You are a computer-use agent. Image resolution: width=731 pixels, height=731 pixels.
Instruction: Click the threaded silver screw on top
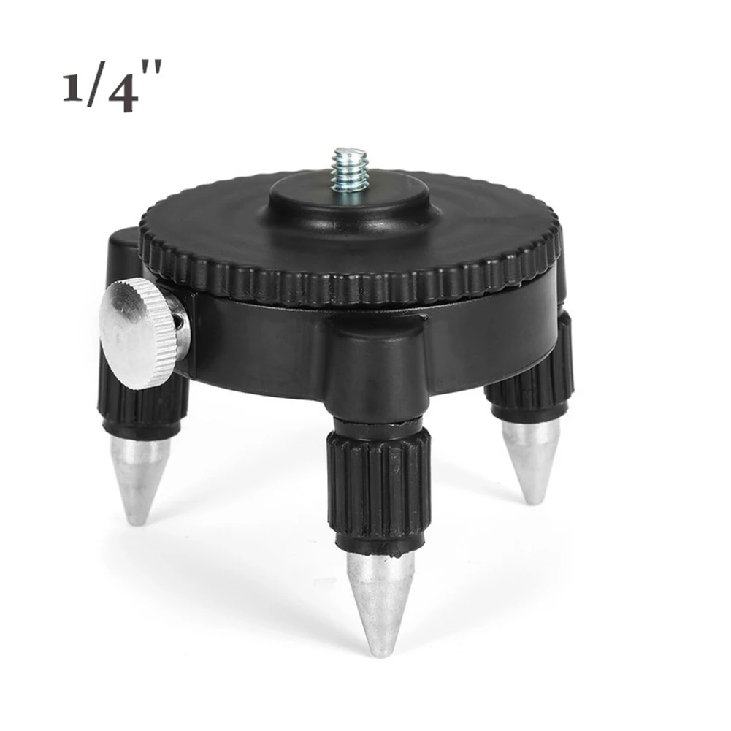[348, 169]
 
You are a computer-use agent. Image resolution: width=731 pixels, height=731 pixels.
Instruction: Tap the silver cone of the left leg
[139, 475]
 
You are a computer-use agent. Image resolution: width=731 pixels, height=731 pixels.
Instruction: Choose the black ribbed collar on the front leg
[378, 489]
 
